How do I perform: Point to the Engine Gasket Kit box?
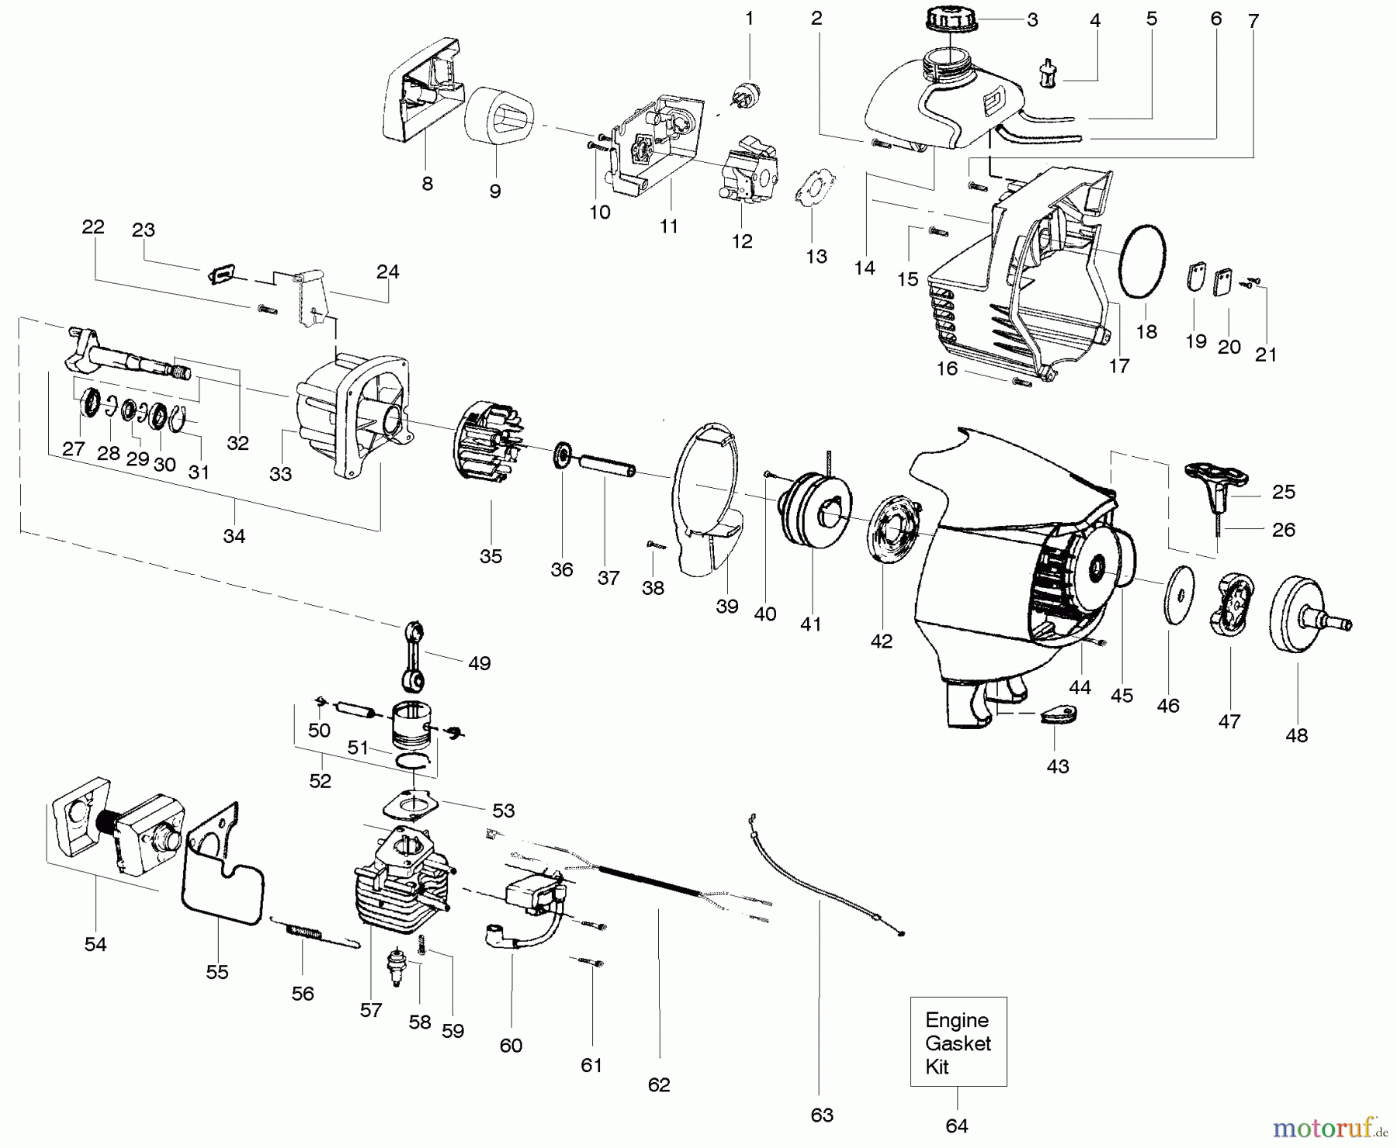click(x=958, y=1041)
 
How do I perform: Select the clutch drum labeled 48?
click(x=1311, y=619)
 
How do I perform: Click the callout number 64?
click(x=957, y=1126)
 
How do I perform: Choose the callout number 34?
click(x=234, y=535)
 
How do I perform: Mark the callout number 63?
click(x=822, y=1115)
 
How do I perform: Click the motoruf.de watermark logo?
click(x=1332, y=1126)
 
